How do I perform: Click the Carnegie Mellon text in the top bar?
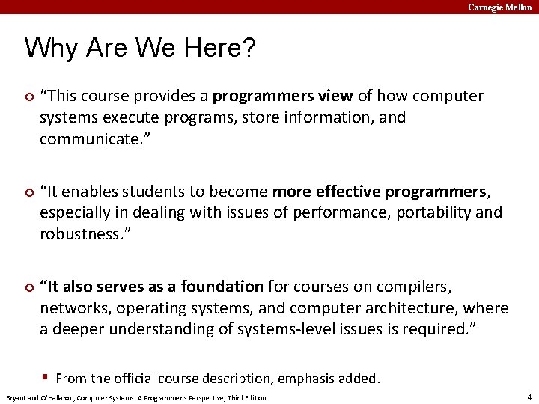500,7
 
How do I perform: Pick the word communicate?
85,139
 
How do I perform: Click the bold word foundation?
222,287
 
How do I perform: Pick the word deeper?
76,329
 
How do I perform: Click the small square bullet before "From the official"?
46,378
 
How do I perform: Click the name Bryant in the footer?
16,397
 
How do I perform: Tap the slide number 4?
529,397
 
